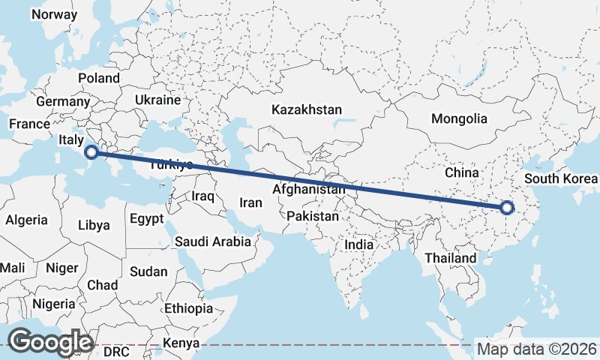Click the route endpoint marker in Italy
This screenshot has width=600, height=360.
[91, 152]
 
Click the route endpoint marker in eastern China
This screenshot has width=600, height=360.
[507, 208]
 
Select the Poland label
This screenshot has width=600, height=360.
[99, 78]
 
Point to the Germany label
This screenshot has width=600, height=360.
[62, 101]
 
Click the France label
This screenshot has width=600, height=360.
[29, 124]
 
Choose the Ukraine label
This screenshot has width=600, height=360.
[158, 100]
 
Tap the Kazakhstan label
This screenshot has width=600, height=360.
[307, 109]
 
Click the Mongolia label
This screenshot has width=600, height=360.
[459, 118]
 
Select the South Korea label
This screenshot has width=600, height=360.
[561, 178]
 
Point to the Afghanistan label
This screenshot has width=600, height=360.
[309, 190]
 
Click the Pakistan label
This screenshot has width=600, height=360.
[313, 216]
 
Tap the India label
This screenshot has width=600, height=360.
[358, 244]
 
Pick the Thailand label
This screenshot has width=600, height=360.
[449, 258]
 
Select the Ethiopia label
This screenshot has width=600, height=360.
[188, 308]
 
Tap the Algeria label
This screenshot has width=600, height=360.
[27, 220]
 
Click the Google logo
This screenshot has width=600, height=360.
[50, 342]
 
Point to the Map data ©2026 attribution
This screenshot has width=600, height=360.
[537, 349]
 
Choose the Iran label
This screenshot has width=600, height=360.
[250, 202]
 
